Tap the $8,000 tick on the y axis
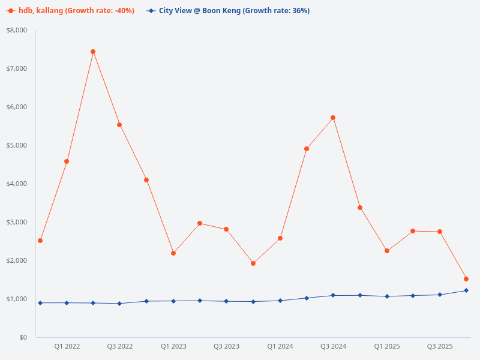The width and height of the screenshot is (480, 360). [x=17, y=30]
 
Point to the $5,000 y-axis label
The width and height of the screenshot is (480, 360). [x=17, y=145]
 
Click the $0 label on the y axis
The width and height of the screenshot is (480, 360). [x=23, y=337]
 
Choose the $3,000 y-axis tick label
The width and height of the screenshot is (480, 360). [x=17, y=222]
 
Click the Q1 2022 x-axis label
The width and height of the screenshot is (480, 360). [x=67, y=346]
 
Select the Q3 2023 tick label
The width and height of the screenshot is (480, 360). [x=226, y=346]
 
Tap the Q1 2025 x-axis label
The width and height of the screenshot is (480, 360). [x=386, y=346]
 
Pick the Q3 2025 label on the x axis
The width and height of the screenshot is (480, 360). [x=440, y=346]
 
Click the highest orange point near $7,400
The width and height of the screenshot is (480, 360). [x=93, y=52]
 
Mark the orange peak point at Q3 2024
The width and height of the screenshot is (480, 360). [x=333, y=118]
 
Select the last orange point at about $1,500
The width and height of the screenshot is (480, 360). [x=466, y=279]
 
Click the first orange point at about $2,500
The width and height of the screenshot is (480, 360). [x=40, y=241]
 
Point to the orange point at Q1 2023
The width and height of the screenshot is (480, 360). [x=173, y=253]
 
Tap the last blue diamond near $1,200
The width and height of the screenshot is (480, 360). [x=466, y=290]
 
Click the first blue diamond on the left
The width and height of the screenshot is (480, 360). [x=40, y=303]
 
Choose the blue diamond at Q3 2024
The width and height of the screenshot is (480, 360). [x=333, y=295]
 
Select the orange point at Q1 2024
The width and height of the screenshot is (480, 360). [x=280, y=238]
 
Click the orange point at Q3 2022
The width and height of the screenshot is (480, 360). [x=119, y=125]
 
